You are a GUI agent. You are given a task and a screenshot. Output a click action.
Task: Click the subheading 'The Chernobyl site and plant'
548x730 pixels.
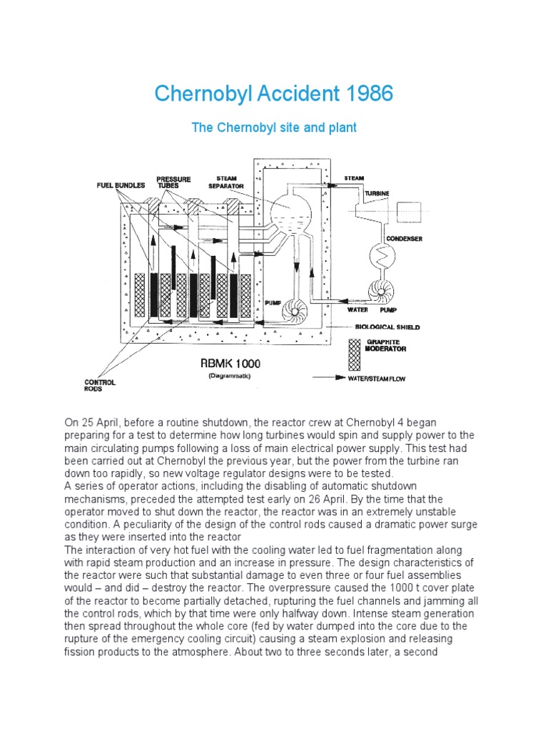[274, 128]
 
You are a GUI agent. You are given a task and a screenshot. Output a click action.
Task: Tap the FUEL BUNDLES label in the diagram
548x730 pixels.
[121, 185]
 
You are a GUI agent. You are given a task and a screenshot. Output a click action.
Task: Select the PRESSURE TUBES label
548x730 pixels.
[173, 182]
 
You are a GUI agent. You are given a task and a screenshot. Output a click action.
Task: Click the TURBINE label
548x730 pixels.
[377, 192]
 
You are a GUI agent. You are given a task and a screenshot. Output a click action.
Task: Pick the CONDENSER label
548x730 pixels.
[404, 239]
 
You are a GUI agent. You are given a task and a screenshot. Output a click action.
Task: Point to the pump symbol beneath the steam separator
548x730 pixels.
[295, 311]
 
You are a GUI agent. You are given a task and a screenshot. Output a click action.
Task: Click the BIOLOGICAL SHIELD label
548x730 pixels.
[387, 328]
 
